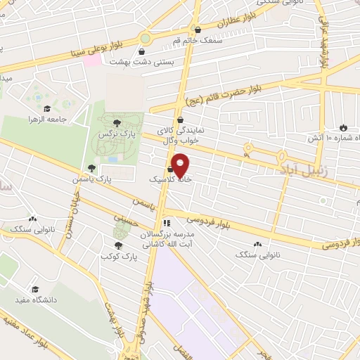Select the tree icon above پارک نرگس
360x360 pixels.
(x=117, y=123)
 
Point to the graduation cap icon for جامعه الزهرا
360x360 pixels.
(x=47, y=108)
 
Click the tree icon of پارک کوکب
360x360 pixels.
(x=117, y=246)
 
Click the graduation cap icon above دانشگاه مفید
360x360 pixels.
(x=34, y=289)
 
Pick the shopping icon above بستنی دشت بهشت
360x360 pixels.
(x=143, y=51)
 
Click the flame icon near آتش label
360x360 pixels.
(x=343, y=127)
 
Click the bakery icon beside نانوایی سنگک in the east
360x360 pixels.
(x=257, y=244)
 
